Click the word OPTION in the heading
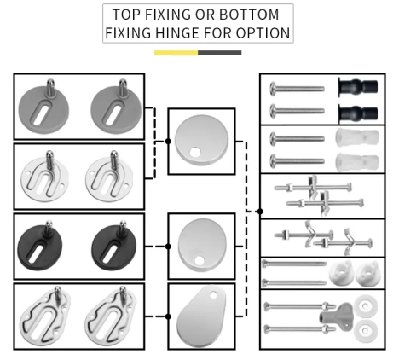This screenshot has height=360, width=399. point(263,32)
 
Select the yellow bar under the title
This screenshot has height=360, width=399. point(176,53)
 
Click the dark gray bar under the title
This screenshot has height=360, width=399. point(220,53)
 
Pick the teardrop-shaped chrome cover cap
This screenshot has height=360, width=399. point(201,316)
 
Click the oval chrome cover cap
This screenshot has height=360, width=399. point(202,245)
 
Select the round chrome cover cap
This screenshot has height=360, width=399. point(201,140)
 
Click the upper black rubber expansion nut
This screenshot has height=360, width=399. point(358,87)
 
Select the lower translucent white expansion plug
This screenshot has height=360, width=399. point(357,162)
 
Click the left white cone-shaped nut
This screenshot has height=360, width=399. point(341,273)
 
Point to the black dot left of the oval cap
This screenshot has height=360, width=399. point(168,247)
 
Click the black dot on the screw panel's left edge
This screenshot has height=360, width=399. point(260,212)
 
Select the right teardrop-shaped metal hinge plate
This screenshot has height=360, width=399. point(109,317)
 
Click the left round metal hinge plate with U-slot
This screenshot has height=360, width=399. point(44,177)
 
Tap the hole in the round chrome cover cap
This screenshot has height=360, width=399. point(195,152)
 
